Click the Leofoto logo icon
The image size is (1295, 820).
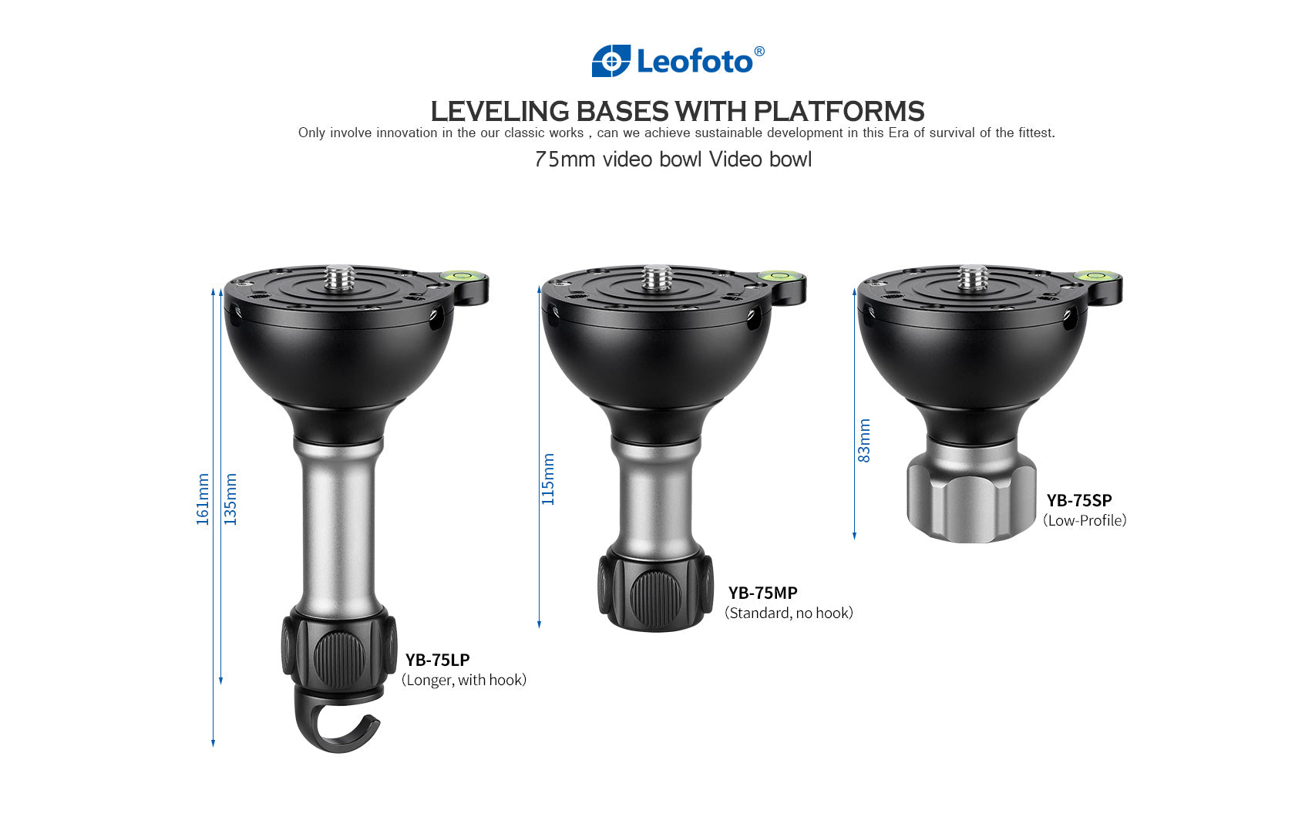pyautogui.click(x=610, y=61)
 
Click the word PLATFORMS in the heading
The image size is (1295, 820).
pyautogui.click(x=839, y=112)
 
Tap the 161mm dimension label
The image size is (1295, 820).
pyautogui.click(x=203, y=499)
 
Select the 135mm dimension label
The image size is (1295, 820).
pyautogui.click(x=230, y=499)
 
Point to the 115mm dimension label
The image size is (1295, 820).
pyautogui.click(x=548, y=479)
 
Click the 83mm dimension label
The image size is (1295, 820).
pyautogui.click(x=864, y=441)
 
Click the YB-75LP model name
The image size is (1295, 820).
pyautogui.click(x=437, y=660)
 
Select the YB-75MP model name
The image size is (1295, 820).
pyautogui.click(x=762, y=593)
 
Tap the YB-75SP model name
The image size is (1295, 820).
pyautogui.click(x=1078, y=500)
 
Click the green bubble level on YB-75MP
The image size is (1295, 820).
pyautogui.click(x=777, y=275)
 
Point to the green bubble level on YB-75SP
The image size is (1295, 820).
pyautogui.click(x=1093, y=275)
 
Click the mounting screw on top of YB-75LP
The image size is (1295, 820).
pyautogui.click(x=339, y=277)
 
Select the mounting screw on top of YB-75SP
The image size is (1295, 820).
pyautogui.click(x=973, y=277)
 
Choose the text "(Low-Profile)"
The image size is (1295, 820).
pyautogui.click(x=1085, y=521)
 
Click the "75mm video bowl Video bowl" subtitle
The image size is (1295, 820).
pyautogui.click(x=673, y=160)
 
